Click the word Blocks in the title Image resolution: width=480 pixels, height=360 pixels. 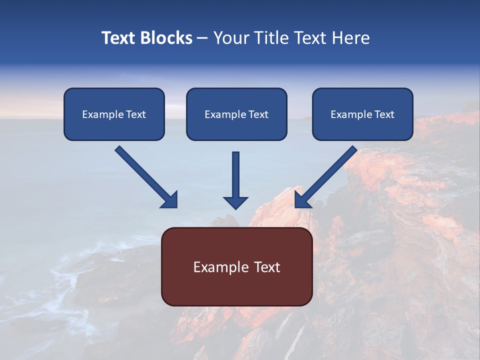(x=166, y=37)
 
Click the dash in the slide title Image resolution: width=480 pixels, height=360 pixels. (x=202, y=38)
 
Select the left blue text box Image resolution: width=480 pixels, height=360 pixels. (x=114, y=114)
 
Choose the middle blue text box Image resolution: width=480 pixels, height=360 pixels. (x=236, y=114)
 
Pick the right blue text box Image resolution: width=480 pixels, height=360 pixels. (x=363, y=114)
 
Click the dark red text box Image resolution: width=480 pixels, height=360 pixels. (x=237, y=266)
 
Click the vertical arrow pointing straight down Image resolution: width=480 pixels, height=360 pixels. (x=235, y=180)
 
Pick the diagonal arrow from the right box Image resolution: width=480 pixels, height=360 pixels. (x=326, y=177)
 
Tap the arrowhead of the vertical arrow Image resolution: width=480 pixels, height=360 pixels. (x=235, y=203)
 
